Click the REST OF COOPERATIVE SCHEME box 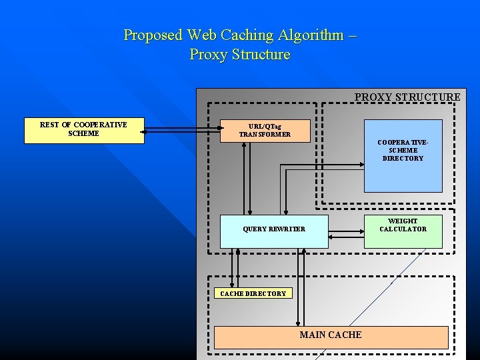click(84, 131)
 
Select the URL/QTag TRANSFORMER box click(265, 131)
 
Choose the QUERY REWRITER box click(274, 231)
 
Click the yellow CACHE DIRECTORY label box click(253, 293)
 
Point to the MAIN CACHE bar click(331, 337)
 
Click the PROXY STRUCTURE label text click(407, 97)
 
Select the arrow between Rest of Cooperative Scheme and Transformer click(182, 131)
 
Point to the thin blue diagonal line click(373, 300)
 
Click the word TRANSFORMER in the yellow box click(265, 135)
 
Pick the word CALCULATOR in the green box click(403, 229)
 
